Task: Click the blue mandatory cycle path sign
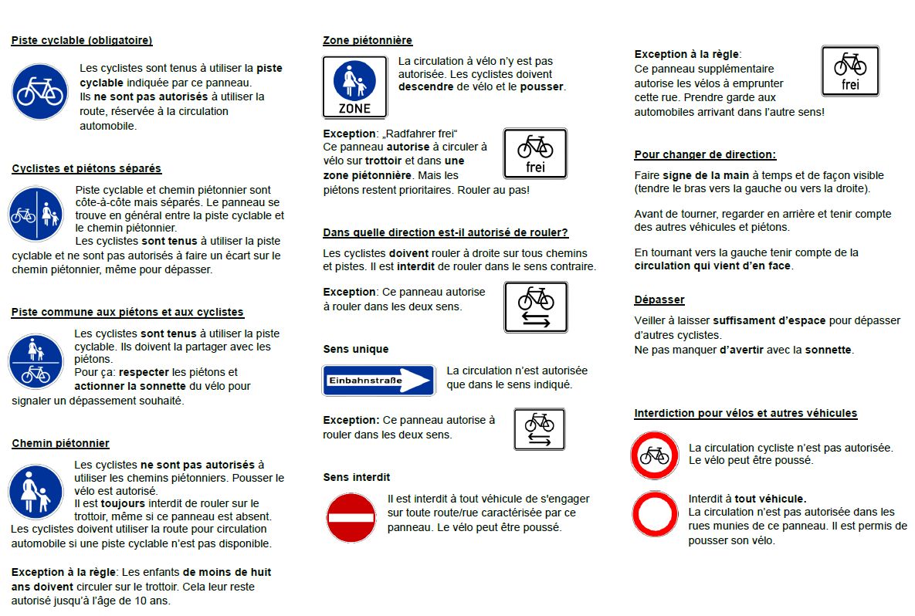pos(39,92)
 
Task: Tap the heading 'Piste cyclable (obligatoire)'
pos(81,40)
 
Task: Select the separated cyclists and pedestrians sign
pos(36,215)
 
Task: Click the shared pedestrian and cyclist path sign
pos(36,361)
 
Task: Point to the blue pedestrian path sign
pos(36,492)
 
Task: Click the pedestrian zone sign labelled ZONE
pos(354,86)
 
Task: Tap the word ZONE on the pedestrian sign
pos(354,108)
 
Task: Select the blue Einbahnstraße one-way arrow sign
pos(378,380)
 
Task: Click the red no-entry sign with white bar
pos(351,517)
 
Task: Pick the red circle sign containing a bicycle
pos(655,455)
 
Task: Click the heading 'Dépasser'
pos(659,300)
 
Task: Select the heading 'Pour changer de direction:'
pos(705,154)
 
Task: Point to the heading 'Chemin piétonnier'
pos(60,443)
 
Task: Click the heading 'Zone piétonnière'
pos(368,40)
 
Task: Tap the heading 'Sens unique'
pos(355,349)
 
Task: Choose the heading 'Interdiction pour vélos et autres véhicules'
pos(745,413)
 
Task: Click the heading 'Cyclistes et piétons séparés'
pos(86,168)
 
